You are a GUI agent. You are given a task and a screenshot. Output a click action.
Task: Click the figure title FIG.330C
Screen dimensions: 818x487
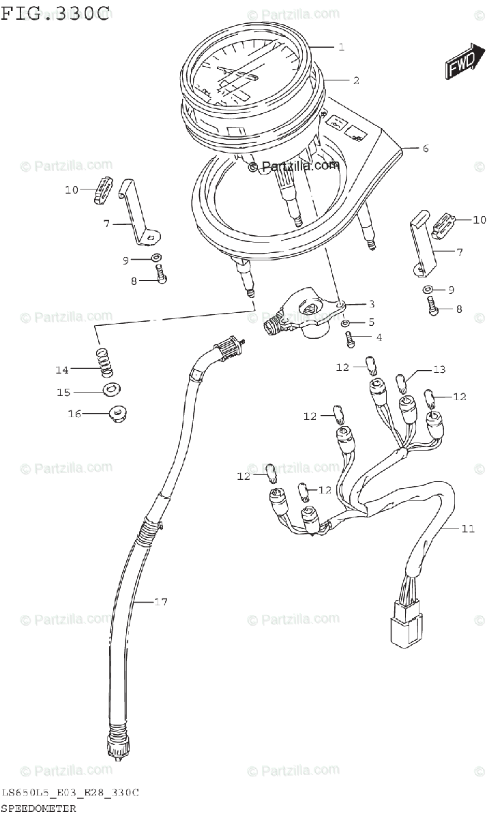click(55, 13)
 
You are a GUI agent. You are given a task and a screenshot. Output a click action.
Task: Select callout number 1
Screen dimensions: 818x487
click(340, 47)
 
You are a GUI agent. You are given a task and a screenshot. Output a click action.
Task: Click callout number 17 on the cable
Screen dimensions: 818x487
click(161, 602)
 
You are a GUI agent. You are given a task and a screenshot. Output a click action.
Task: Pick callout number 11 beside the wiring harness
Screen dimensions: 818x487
click(467, 528)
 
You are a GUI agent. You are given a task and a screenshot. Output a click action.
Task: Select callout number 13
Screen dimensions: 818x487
click(439, 369)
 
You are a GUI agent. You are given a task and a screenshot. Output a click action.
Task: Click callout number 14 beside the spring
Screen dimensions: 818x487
click(62, 370)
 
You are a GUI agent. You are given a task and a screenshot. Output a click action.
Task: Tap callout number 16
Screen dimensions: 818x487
click(74, 414)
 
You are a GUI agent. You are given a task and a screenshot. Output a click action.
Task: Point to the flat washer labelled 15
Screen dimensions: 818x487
click(109, 390)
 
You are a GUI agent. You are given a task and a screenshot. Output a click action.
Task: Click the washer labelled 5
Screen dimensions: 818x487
click(346, 322)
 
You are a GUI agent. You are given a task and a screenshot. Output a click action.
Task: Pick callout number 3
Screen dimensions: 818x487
click(371, 304)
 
